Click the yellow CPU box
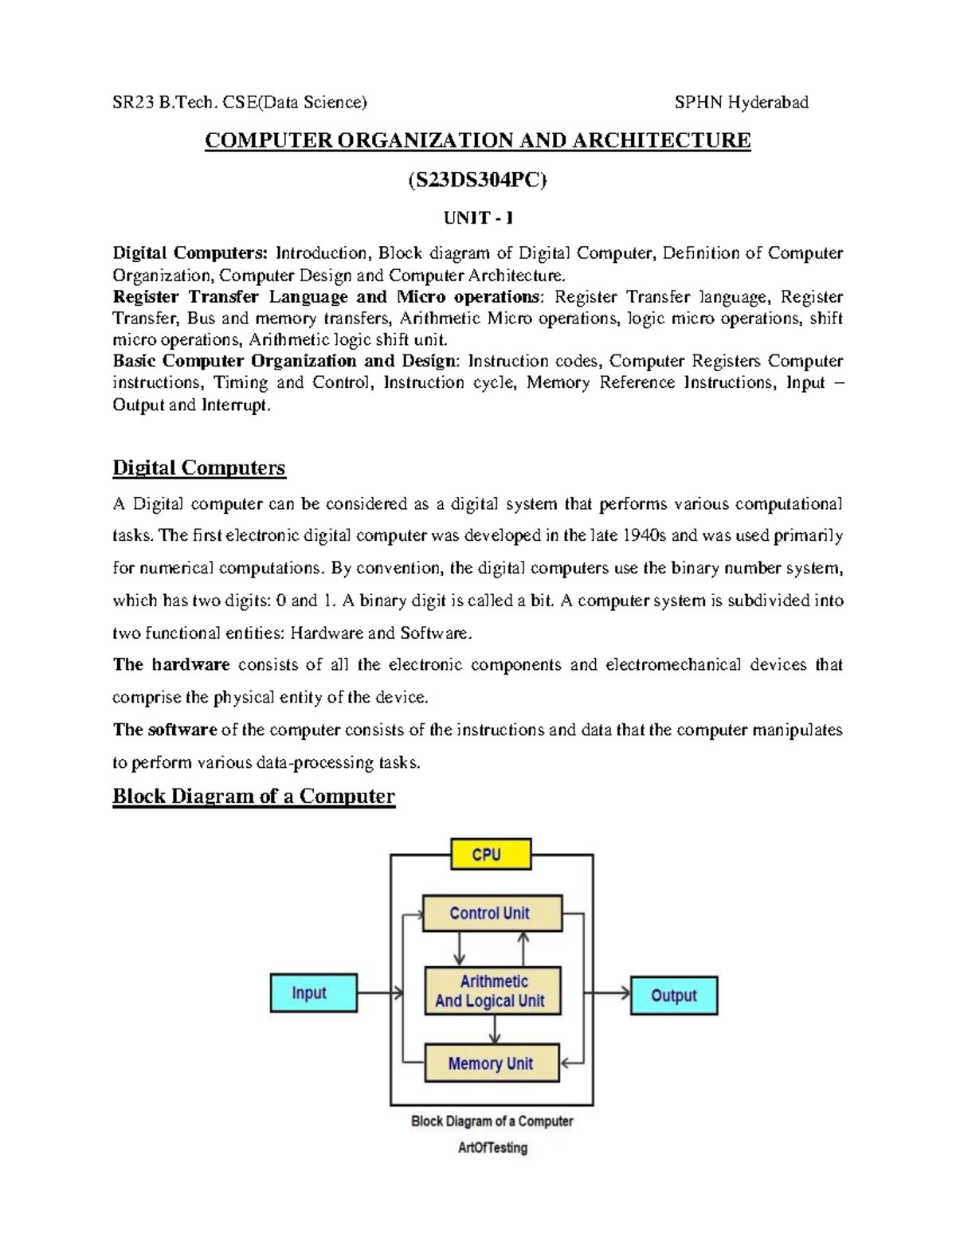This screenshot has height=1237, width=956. coord(490,855)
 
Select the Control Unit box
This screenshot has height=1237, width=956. coord(492,913)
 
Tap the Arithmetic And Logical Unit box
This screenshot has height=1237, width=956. coord(492,991)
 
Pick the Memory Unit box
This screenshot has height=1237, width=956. coord(492,1063)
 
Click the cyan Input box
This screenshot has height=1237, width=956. coord(313,992)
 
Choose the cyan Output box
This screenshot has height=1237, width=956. coord(673,995)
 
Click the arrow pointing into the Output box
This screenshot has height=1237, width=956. coord(609,992)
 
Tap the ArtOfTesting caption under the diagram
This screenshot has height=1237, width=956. coord(492,1148)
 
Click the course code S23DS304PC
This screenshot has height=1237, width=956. coord(477,181)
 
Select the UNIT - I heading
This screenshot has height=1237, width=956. coord(478,218)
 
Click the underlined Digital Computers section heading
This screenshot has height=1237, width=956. coord(198,467)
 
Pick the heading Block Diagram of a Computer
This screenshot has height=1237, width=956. coord(253,796)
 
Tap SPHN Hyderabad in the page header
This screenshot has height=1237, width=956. coord(741,102)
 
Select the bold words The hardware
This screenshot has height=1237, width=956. coord(171,664)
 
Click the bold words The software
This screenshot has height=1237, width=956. coord(165,730)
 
